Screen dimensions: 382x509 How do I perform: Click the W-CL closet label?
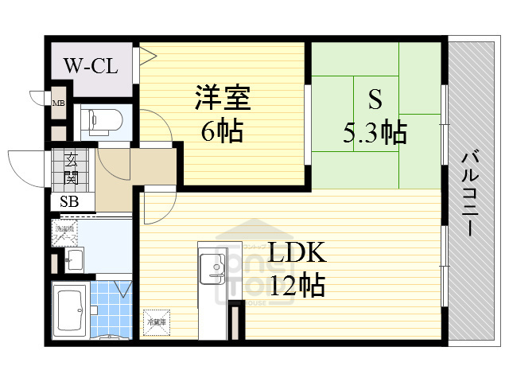(x=91, y=64)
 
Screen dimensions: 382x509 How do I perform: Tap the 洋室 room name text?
(x=223, y=98)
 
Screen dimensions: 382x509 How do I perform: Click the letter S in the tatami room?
(x=374, y=99)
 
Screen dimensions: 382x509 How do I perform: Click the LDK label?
(x=296, y=253)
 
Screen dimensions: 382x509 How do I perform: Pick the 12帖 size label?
(x=296, y=284)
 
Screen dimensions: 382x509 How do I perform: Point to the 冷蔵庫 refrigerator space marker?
(x=156, y=322)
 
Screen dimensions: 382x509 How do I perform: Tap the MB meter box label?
(x=59, y=102)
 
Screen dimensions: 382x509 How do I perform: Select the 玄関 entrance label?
(x=72, y=168)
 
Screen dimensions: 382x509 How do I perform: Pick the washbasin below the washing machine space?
(x=73, y=258)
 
